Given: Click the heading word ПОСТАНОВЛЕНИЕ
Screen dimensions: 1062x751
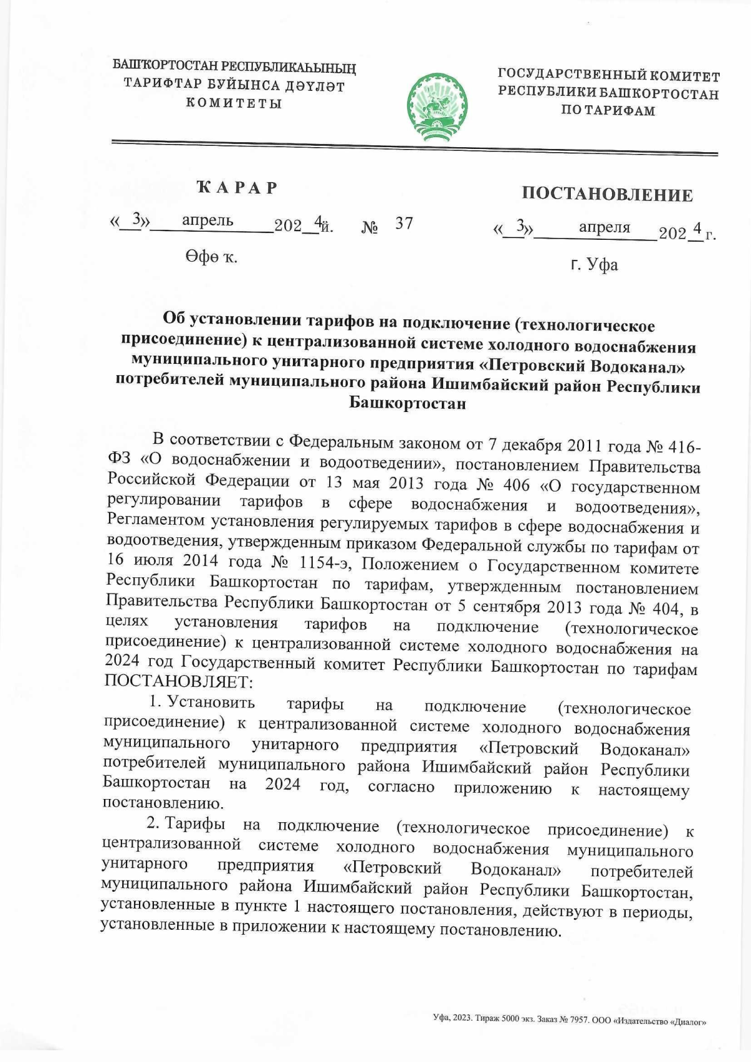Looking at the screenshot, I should click(607, 195).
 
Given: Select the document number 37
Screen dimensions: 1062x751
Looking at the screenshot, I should click(404, 224).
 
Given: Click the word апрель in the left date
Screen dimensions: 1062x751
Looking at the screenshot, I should click(208, 220).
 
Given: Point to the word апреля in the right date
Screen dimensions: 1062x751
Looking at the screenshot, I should click(604, 227).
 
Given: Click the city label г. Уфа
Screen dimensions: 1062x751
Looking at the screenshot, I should click(595, 265).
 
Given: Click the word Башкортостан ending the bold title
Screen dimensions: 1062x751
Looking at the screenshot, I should click(407, 404).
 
